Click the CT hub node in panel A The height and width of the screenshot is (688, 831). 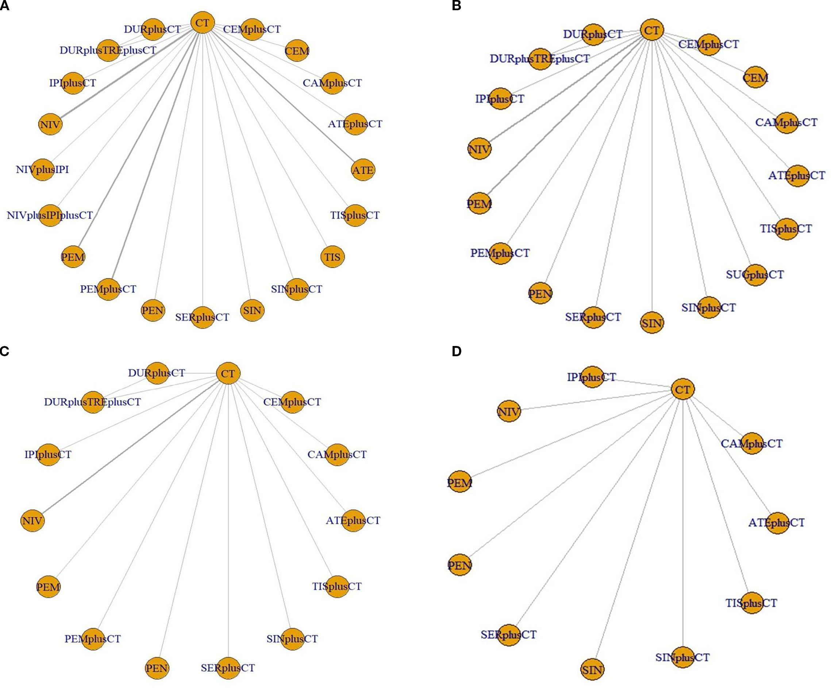(202, 23)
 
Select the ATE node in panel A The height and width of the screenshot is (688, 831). (362, 170)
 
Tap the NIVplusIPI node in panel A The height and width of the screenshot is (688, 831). (42, 170)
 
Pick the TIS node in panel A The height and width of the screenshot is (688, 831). (332, 257)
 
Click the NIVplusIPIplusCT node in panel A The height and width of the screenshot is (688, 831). (50, 215)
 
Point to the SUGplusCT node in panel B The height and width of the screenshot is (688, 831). (755, 275)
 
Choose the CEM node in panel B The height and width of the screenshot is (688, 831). (755, 78)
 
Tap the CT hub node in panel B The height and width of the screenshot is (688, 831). (651, 30)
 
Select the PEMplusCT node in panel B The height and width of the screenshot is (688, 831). (500, 253)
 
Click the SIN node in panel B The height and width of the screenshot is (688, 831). (651, 323)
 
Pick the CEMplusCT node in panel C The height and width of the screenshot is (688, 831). (292, 402)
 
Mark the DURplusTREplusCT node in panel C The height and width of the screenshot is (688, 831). (93, 402)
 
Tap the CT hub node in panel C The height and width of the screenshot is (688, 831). (228, 374)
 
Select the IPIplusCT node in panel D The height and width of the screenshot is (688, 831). (592, 377)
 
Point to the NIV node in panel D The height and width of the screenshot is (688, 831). (508, 412)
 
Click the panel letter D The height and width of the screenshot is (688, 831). (456, 351)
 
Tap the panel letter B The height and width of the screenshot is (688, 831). (456, 5)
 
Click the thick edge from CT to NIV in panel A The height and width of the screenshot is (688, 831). (127, 74)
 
